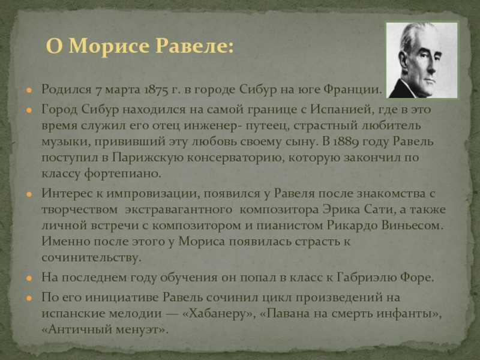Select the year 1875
(x=156, y=90)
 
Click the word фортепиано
(x=122, y=174)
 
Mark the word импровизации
(x=152, y=193)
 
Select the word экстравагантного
(x=179, y=210)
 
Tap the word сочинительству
(x=92, y=257)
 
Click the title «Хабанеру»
(x=219, y=313)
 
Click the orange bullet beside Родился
(x=29, y=90)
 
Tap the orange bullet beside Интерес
(x=29, y=194)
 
